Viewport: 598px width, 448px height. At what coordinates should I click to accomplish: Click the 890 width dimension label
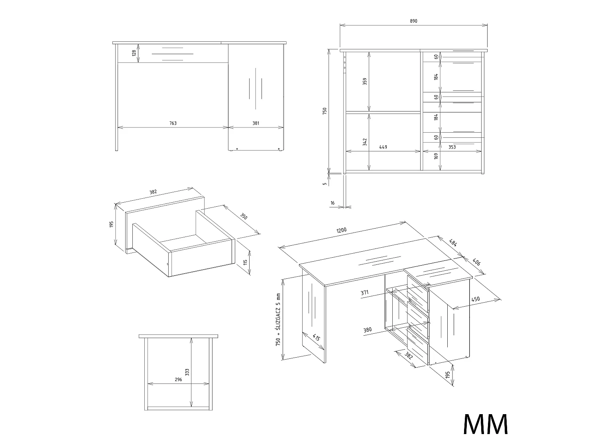pos(413,21)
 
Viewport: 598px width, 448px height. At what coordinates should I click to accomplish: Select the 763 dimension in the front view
pos(173,123)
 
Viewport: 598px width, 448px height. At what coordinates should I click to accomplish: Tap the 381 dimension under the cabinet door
pos(256,123)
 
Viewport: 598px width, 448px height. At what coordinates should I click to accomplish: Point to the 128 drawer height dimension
pos(134,53)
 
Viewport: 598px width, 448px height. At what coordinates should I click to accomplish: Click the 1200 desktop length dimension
pos(341,230)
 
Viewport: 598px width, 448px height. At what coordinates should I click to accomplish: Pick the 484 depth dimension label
pos(453,243)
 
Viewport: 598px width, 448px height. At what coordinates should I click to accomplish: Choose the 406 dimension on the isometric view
pos(476,262)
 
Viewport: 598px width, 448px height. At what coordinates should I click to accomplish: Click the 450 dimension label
pos(475,299)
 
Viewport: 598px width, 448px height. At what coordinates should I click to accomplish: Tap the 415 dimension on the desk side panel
pos(316,337)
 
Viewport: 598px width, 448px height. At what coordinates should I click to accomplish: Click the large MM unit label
pos(486,425)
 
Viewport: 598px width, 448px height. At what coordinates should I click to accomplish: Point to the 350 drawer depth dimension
pos(244,216)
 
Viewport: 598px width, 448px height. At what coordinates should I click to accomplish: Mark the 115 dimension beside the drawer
pos(245,262)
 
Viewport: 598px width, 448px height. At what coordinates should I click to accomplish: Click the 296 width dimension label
pos(179,380)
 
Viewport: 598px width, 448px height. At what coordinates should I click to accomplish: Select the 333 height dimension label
pos(187,372)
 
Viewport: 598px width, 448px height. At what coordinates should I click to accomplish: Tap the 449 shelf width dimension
pos(383,147)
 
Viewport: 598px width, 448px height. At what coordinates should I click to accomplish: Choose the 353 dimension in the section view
pos(452,147)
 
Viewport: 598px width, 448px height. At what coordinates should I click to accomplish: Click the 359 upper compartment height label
pos(365,81)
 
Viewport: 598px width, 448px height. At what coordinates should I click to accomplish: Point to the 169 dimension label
pos(436,156)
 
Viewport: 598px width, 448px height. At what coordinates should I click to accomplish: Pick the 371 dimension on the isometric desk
pos(364,293)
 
